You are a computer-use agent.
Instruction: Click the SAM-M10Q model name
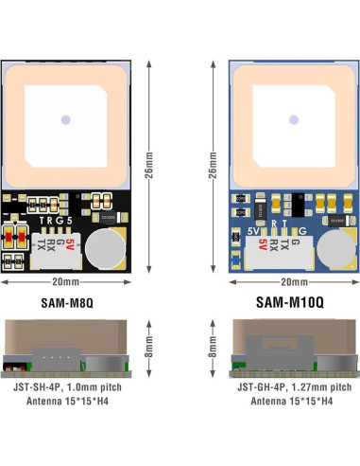coord(291,303)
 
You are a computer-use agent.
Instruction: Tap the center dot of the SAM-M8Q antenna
coord(65,119)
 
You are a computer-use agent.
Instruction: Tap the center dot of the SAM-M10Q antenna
coord(292,119)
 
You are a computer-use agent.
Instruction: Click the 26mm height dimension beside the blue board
coord(212,170)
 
